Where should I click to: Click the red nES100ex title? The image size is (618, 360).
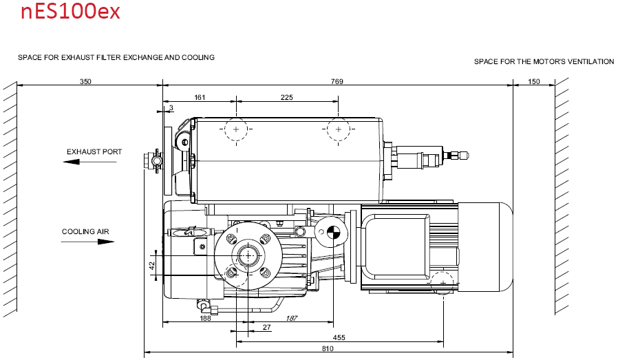(x=70, y=12)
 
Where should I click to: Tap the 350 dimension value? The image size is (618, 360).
(x=85, y=82)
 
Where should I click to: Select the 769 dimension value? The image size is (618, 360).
(x=337, y=82)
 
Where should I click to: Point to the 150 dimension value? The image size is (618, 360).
(x=533, y=82)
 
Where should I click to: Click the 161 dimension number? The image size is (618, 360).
(x=200, y=97)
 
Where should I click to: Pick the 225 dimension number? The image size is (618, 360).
(x=286, y=97)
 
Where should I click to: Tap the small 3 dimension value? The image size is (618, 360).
(x=171, y=107)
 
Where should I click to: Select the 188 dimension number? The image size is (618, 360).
(x=205, y=318)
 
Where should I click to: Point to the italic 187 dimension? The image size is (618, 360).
(x=292, y=318)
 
